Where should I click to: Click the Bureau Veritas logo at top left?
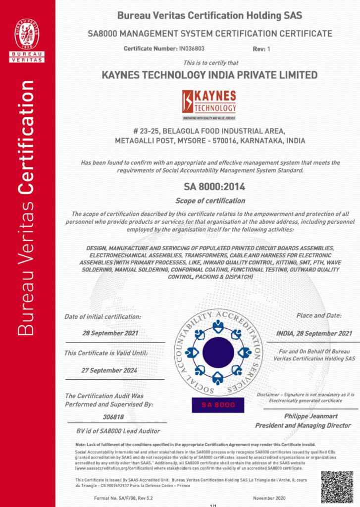pos(27,40)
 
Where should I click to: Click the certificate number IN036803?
pos(191,49)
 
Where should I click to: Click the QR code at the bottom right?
pos(337,486)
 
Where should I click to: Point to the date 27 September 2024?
pos(109,370)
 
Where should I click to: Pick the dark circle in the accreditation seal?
pos(218,352)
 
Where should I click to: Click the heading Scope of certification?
pos(210,201)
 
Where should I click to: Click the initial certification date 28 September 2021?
pos(110,333)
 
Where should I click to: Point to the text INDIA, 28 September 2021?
pos(314,333)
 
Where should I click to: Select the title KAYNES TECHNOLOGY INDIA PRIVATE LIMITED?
pos(209,75)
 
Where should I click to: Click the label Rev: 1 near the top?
pos(262,49)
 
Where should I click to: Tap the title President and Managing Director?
pos(303,425)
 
